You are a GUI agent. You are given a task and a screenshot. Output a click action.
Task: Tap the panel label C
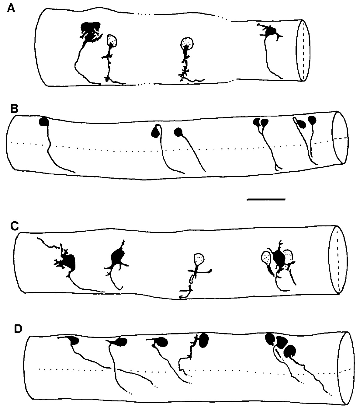14,226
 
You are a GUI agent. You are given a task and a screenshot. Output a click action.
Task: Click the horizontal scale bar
266,199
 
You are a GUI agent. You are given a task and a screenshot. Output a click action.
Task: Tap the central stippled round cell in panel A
186,43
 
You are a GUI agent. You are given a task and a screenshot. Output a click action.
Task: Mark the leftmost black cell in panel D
74,341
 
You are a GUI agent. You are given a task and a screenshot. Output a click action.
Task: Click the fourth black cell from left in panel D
203,340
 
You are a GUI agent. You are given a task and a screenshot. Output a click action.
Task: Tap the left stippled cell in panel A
112,40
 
